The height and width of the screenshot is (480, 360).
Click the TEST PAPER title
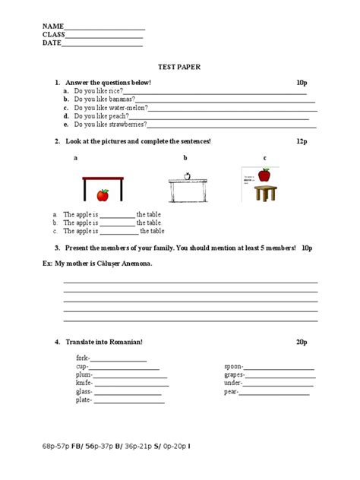click(179, 67)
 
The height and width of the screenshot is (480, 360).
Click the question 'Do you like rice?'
click(99, 90)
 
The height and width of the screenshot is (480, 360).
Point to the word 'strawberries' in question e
click(127, 124)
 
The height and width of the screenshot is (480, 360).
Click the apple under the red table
click(103, 195)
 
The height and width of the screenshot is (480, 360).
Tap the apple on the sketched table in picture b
click(188, 176)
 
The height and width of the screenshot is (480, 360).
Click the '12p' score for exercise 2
click(302, 141)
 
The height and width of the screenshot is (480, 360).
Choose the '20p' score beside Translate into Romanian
click(302, 343)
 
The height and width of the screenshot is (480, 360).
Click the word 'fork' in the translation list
click(82, 357)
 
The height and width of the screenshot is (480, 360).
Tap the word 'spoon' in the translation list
click(232, 366)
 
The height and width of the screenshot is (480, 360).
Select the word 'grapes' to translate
click(234, 374)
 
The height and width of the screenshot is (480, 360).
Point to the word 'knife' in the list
click(84, 384)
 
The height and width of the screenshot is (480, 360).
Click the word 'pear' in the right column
click(230, 392)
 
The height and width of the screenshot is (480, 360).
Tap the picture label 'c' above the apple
click(264, 158)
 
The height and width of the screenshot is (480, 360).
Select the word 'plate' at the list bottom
click(83, 400)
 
